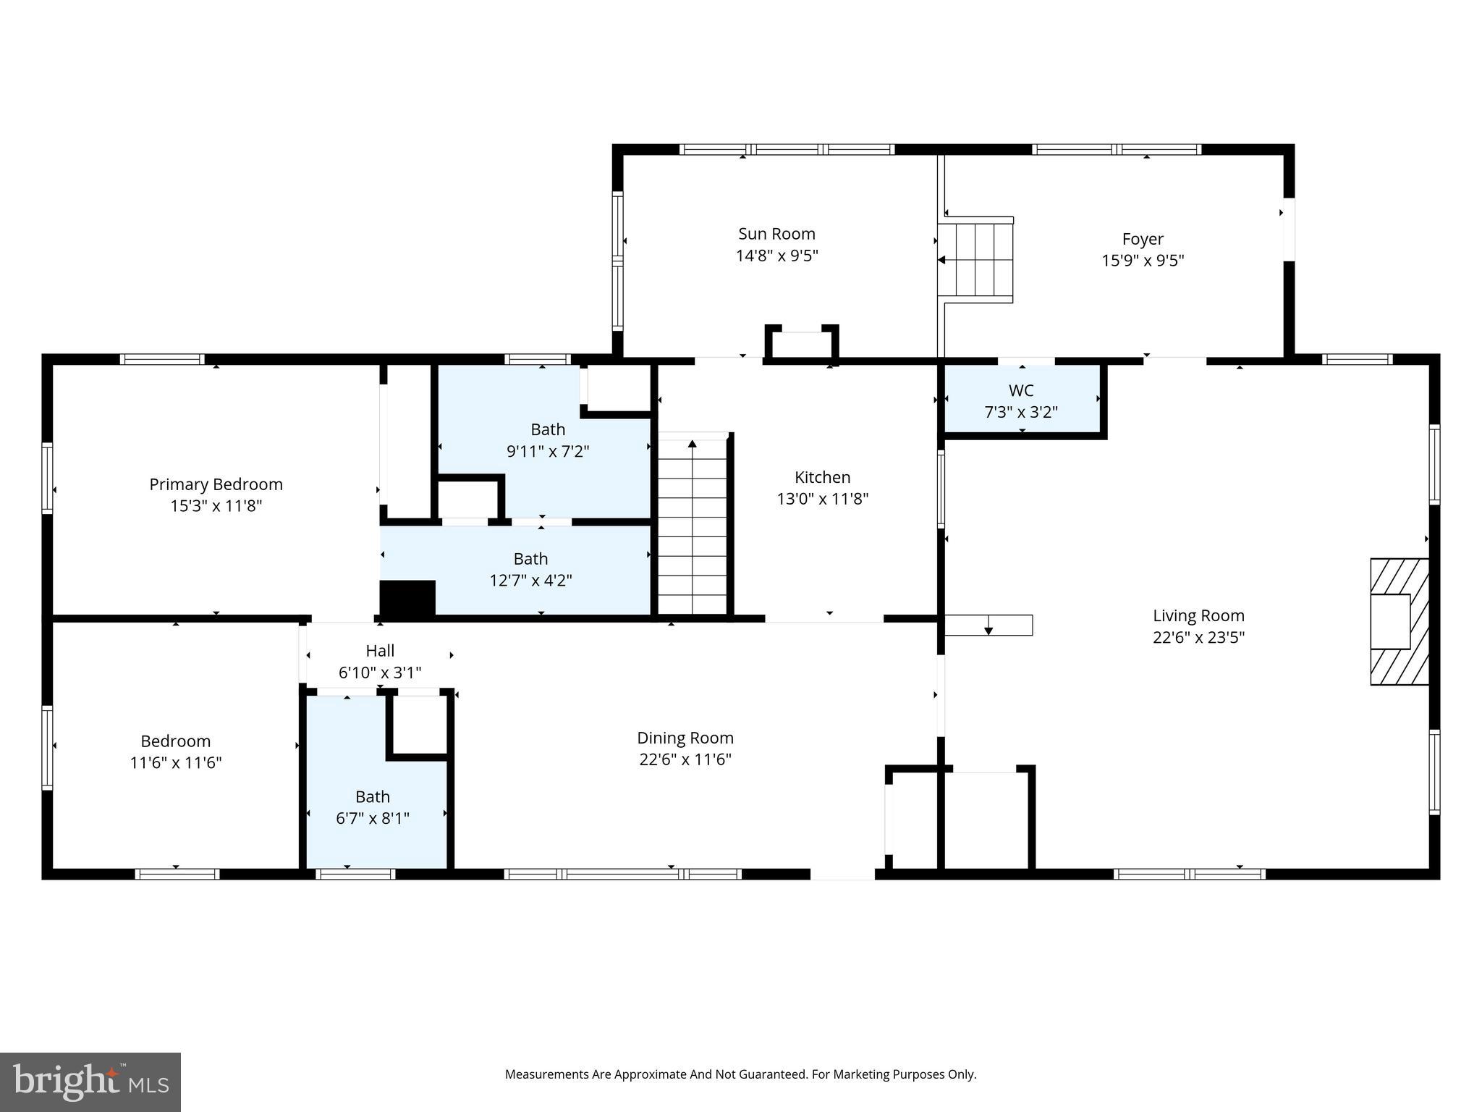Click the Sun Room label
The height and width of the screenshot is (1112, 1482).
tap(776, 234)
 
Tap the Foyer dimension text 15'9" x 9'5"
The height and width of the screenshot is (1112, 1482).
tap(1143, 261)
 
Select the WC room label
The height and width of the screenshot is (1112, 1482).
tap(1020, 391)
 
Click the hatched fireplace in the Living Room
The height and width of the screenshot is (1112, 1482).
tap(1400, 621)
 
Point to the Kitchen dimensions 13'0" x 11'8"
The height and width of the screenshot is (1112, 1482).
tap(822, 499)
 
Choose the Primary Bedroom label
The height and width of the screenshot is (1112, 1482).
tap(216, 484)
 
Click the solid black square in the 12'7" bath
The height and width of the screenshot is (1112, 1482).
tap(407, 598)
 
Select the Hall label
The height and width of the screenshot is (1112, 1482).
tap(380, 651)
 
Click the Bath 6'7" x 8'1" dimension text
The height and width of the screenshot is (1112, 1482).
tap(373, 819)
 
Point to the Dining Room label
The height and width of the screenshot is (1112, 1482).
tap(685, 738)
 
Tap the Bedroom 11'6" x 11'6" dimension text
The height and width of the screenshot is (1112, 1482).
tap(176, 763)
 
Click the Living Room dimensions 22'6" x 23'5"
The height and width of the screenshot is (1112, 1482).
tap(1198, 638)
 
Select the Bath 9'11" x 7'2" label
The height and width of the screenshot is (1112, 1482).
tap(548, 430)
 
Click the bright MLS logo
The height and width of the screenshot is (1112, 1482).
tap(90, 1082)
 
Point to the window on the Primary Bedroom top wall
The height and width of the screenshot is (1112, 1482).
tap(162, 359)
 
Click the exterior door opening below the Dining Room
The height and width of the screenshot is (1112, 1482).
tap(842, 875)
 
